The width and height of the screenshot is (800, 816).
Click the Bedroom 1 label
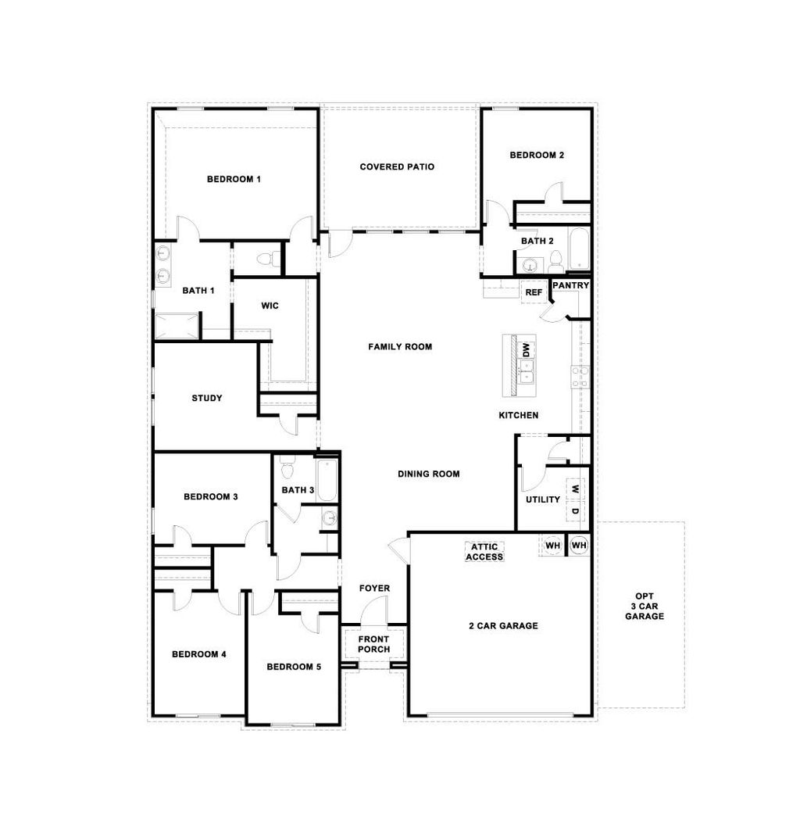tap(234, 179)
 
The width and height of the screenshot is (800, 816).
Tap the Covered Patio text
tap(397, 166)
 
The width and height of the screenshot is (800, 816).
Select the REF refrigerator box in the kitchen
tap(534, 292)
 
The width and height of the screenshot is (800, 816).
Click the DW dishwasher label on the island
tap(526, 349)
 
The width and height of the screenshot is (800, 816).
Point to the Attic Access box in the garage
tap(484, 552)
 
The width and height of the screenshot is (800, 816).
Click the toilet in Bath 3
tap(287, 469)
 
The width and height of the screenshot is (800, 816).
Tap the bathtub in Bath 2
tap(578, 249)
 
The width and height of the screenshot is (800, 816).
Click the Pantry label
tap(570, 286)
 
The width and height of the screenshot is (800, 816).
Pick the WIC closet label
tap(270, 306)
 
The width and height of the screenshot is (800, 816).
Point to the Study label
tap(207, 398)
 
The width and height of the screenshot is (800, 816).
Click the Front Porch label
tap(373, 644)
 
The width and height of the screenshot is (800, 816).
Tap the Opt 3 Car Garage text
tap(645, 605)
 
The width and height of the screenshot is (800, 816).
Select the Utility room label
tap(542, 499)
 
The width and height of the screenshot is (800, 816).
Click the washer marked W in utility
tap(575, 489)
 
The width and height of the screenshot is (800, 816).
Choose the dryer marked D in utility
tap(575, 512)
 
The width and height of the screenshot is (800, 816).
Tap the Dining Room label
tap(428, 474)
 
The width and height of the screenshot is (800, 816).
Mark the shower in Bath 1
tap(177, 326)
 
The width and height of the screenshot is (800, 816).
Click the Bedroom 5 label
tap(293, 667)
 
